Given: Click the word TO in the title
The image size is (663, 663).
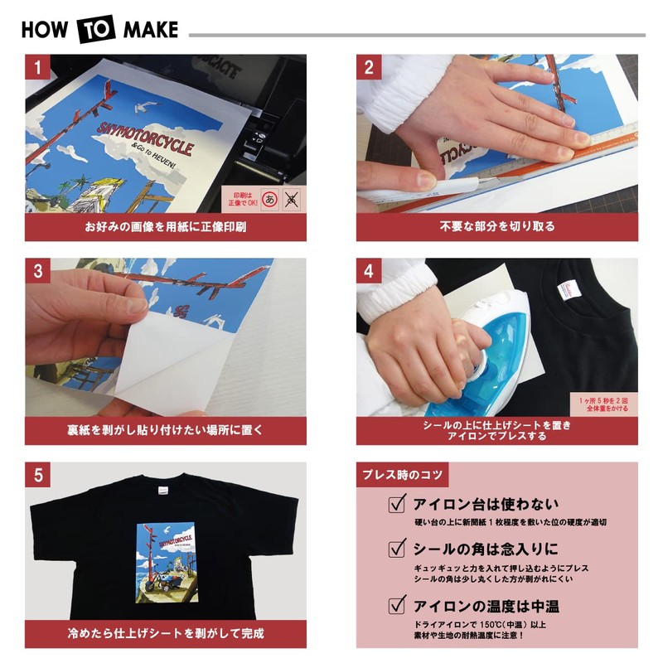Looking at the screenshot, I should coord(99,30).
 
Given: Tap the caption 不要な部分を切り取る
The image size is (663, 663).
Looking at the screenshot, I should coord(497,225).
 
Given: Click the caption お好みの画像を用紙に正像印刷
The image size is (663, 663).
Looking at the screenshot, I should coord(166,225).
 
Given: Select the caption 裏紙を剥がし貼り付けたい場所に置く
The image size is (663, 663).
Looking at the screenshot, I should coord(166,431).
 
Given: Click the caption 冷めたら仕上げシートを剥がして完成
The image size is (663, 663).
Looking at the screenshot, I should coord(166,634).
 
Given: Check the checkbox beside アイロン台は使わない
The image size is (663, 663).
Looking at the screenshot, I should coord(398,505).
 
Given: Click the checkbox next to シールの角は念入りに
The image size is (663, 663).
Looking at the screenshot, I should coord(398,549).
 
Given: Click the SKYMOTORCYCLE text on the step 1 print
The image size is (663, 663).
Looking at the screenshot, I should coord(145,138).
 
